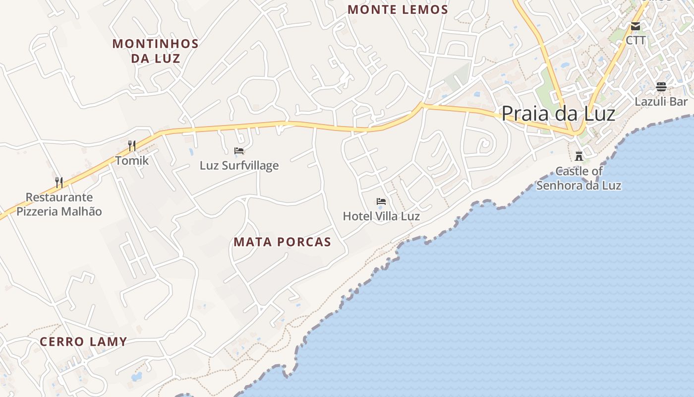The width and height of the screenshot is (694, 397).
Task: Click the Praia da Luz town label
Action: pos(558,114)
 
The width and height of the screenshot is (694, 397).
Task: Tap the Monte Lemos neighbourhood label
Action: pos(398,9)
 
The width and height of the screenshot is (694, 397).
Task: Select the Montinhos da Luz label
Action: pos(156,51)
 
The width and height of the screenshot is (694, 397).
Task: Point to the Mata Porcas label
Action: pos(282,242)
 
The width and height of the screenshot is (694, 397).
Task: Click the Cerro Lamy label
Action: pos(83,341)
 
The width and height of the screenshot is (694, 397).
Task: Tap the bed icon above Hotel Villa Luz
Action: pos(381,201)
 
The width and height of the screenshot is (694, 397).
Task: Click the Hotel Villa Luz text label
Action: pos(381,216)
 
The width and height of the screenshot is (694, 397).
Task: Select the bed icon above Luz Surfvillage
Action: pos(239,151)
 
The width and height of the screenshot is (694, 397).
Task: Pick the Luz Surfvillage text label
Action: pos(239,165)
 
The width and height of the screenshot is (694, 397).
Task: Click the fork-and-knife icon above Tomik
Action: pos(132,146)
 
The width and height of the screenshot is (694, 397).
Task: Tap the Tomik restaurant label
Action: pos(132,160)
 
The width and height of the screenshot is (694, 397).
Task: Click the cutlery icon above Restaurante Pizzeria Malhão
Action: pos(59,183)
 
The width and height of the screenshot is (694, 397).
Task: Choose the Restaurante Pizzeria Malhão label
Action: pos(59,204)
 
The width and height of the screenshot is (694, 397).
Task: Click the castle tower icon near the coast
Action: pos(578,156)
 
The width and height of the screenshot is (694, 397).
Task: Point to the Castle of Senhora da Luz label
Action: pos(578,178)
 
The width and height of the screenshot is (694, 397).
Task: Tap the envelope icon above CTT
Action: pos(636,26)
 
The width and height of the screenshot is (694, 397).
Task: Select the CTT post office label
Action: pos(636,40)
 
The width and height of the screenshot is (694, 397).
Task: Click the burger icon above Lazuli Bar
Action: pos(661,87)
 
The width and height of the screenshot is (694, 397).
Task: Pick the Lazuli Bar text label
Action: pos(661,101)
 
